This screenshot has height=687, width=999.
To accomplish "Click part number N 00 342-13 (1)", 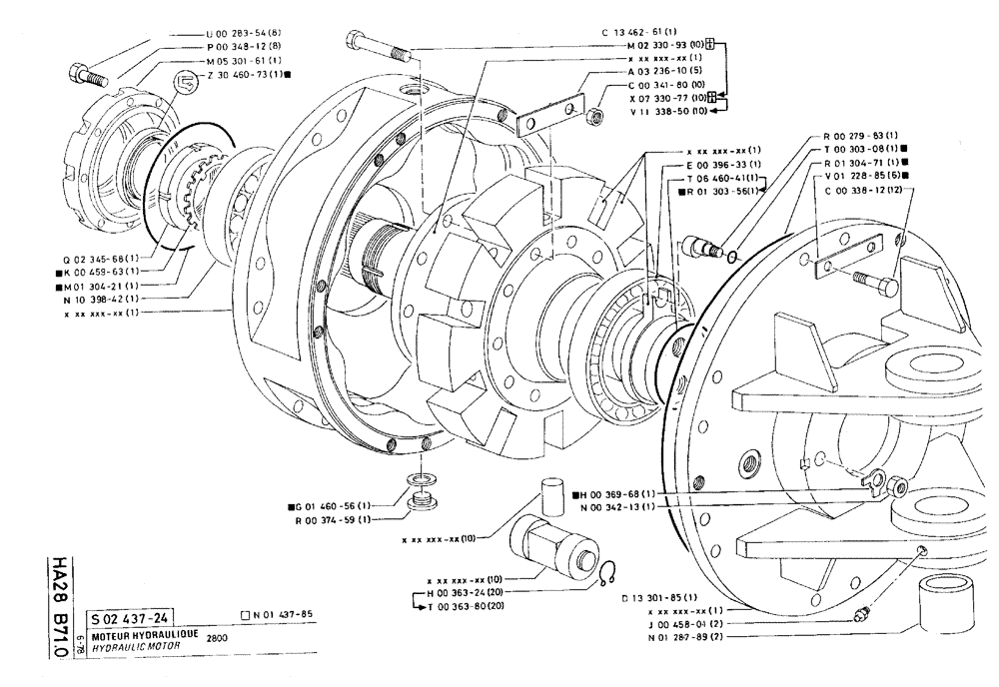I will (x=614, y=506).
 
